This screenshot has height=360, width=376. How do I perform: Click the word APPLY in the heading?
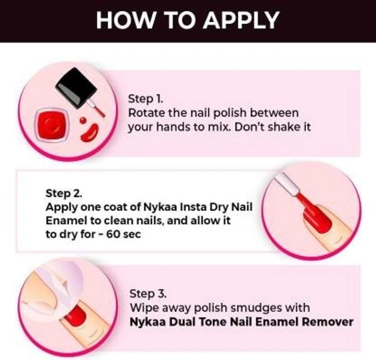[241, 20]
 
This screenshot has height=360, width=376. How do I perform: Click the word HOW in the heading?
[125, 20]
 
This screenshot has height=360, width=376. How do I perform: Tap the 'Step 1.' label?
[145, 98]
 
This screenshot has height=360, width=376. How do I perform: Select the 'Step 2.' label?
[64, 193]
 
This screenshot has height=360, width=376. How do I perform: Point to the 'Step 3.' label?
[148, 294]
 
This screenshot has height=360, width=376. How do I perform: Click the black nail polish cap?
[76, 88]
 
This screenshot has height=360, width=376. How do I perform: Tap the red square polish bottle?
[52, 125]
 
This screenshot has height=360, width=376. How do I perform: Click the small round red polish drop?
[83, 120]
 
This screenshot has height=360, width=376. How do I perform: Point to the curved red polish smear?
[90, 133]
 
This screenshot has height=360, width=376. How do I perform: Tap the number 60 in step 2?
[113, 234]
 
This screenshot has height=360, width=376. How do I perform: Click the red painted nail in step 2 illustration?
[316, 217]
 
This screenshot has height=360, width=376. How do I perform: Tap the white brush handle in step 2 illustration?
[287, 183]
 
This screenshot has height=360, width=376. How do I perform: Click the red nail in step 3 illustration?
[75, 316]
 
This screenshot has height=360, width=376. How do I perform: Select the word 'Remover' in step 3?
[328, 322]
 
